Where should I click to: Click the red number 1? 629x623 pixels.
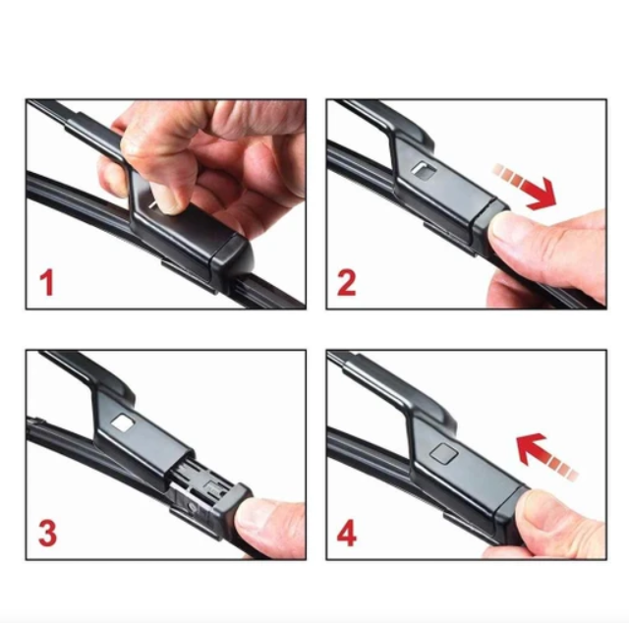coord(48,283)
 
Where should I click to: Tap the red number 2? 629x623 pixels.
coord(346,283)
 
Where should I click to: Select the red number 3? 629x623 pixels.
coord(47,533)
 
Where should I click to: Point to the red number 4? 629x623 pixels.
coord(347,534)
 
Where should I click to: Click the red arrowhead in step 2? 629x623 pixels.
coord(543,196)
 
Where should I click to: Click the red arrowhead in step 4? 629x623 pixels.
coord(531,448)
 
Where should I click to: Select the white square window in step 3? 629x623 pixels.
coord(123,423)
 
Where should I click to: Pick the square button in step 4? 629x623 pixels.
coord(443,453)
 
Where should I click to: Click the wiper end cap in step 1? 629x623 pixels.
coord(232,256)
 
